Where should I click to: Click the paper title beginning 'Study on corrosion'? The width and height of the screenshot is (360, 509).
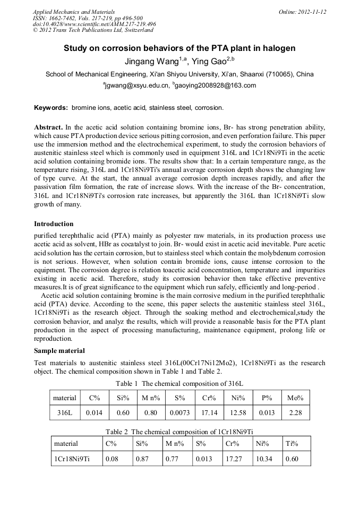[179, 48]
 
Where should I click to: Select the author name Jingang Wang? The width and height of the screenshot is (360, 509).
[154, 62]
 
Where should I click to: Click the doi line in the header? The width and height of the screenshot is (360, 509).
[94, 24]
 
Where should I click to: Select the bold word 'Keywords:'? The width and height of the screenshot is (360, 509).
[51, 108]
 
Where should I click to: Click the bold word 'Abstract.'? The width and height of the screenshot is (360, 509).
[48, 128]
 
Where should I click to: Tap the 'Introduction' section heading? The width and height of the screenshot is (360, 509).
[54, 224]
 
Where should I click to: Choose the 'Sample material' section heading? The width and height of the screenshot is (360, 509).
[59, 351]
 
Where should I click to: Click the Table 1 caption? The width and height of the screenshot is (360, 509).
[179, 383]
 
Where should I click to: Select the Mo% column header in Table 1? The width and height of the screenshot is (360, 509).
[295, 398]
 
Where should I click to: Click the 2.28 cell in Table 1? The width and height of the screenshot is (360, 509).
[295, 412]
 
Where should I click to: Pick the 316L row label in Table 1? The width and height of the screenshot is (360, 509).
[65, 412]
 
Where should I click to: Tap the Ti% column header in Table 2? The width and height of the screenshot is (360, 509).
[292, 444]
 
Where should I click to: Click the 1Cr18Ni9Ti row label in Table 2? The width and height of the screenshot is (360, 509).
[72, 459]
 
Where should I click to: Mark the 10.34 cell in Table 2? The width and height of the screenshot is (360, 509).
[264, 459]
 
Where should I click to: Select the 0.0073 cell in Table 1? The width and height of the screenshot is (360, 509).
[178, 412]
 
